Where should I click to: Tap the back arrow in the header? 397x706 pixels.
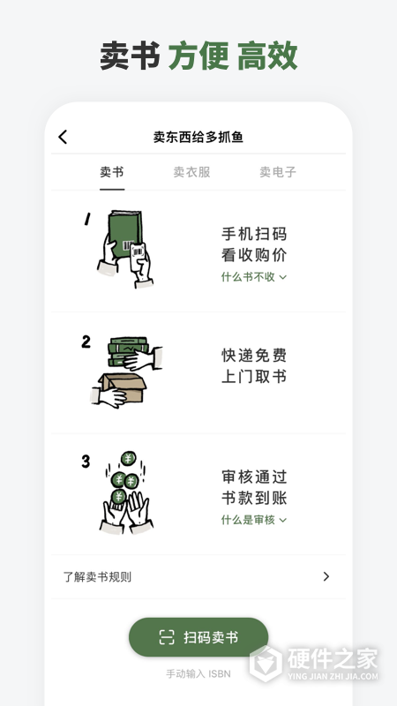[63, 137]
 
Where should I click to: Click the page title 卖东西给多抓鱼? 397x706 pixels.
[198, 137]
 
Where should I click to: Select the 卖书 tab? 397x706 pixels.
[112, 172]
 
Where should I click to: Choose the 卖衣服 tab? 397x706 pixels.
[191, 172]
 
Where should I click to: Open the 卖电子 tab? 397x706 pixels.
[277, 172]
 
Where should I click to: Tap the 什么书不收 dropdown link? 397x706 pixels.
[254, 276]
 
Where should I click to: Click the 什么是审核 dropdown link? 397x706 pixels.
[254, 520]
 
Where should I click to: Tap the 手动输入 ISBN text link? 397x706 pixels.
[198, 673]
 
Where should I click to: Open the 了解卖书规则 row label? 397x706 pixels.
[97, 577]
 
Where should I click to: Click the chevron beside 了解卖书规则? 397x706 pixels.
[326, 577]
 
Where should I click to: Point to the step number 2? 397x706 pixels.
[86, 342]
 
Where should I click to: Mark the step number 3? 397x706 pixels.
[86, 462]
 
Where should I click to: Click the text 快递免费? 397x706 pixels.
[254, 355]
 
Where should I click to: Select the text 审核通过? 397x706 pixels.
[254, 477]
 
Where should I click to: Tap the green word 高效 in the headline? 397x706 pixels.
[266, 55]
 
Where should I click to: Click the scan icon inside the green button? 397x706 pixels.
[167, 637]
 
